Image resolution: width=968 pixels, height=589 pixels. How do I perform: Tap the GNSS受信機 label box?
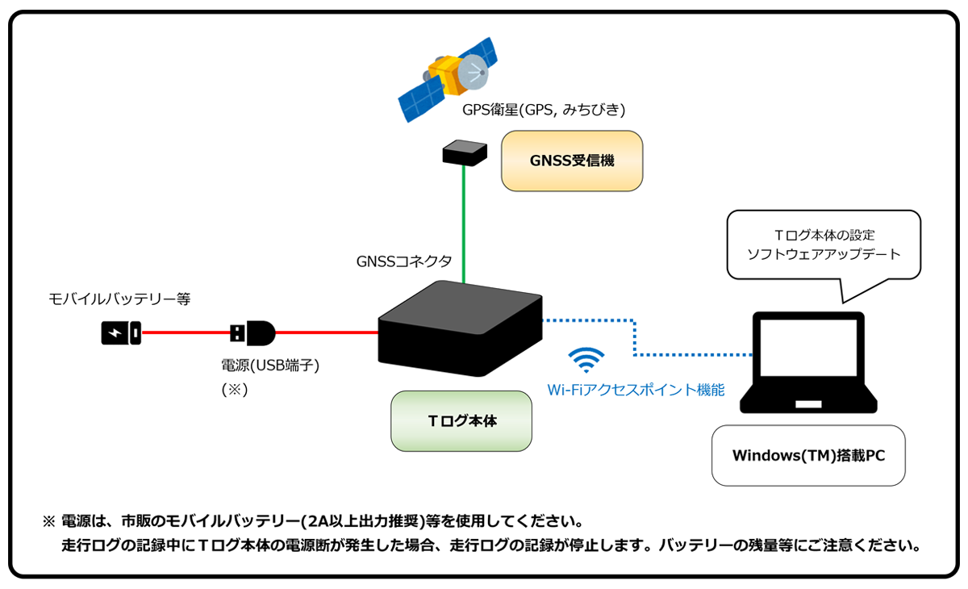tap(572, 161)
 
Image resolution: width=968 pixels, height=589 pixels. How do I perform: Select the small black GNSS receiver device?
tap(465, 152)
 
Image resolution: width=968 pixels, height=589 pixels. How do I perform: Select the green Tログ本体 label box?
tap(461, 421)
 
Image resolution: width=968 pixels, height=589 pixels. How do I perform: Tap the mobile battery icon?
tap(121, 332)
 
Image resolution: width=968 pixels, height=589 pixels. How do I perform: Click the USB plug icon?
tap(252, 332)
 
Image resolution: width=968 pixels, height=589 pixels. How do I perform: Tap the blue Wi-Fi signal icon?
tap(586, 359)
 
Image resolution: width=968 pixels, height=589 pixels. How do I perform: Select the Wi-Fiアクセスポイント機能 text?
tap(636, 391)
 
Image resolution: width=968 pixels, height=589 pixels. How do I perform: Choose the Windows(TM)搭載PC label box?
tap(807, 455)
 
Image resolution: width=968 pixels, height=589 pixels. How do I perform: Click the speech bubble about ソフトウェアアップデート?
tap(824, 245)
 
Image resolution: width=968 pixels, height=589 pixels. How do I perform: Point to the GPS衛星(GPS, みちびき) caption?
tap(544, 109)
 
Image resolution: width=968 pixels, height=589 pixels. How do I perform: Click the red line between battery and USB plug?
tap(186, 332)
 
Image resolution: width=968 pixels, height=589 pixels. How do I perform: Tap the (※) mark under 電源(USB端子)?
tap(235, 389)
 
